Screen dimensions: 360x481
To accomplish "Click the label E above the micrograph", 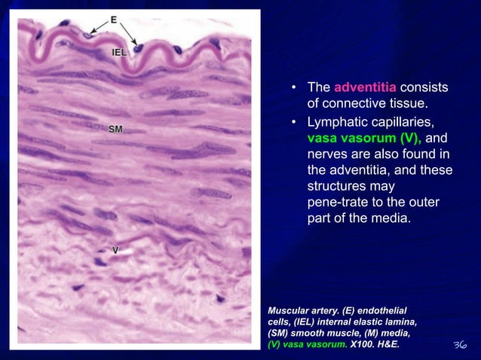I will pyautogui.click(x=114, y=20).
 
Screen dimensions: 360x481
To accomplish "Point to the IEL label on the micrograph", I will pyautogui.click(x=119, y=52).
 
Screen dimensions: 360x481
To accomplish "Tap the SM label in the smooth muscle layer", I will pyautogui.click(x=115, y=130).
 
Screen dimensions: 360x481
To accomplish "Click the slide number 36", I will pyautogui.click(x=459, y=345).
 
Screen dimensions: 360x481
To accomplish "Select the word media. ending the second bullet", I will pyautogui.click(x=390, y=219).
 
